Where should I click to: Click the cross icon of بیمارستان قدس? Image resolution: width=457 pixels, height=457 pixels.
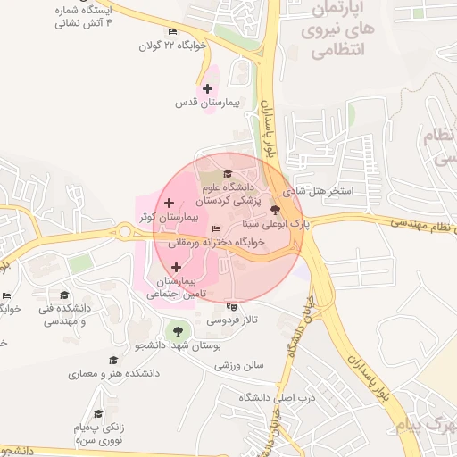208,88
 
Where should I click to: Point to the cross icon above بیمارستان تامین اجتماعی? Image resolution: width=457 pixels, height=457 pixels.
176,267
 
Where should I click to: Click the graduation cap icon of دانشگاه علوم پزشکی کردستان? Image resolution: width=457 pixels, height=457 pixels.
228,174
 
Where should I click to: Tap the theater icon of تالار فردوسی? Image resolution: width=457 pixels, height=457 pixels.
232,305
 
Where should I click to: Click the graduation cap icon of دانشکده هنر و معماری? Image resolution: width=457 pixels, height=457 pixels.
113,360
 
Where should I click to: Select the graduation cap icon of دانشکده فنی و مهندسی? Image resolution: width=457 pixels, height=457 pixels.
63,295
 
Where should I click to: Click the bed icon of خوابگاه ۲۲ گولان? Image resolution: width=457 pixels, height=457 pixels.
172,31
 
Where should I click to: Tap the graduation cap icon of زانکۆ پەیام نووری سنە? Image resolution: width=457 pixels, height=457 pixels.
98,413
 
